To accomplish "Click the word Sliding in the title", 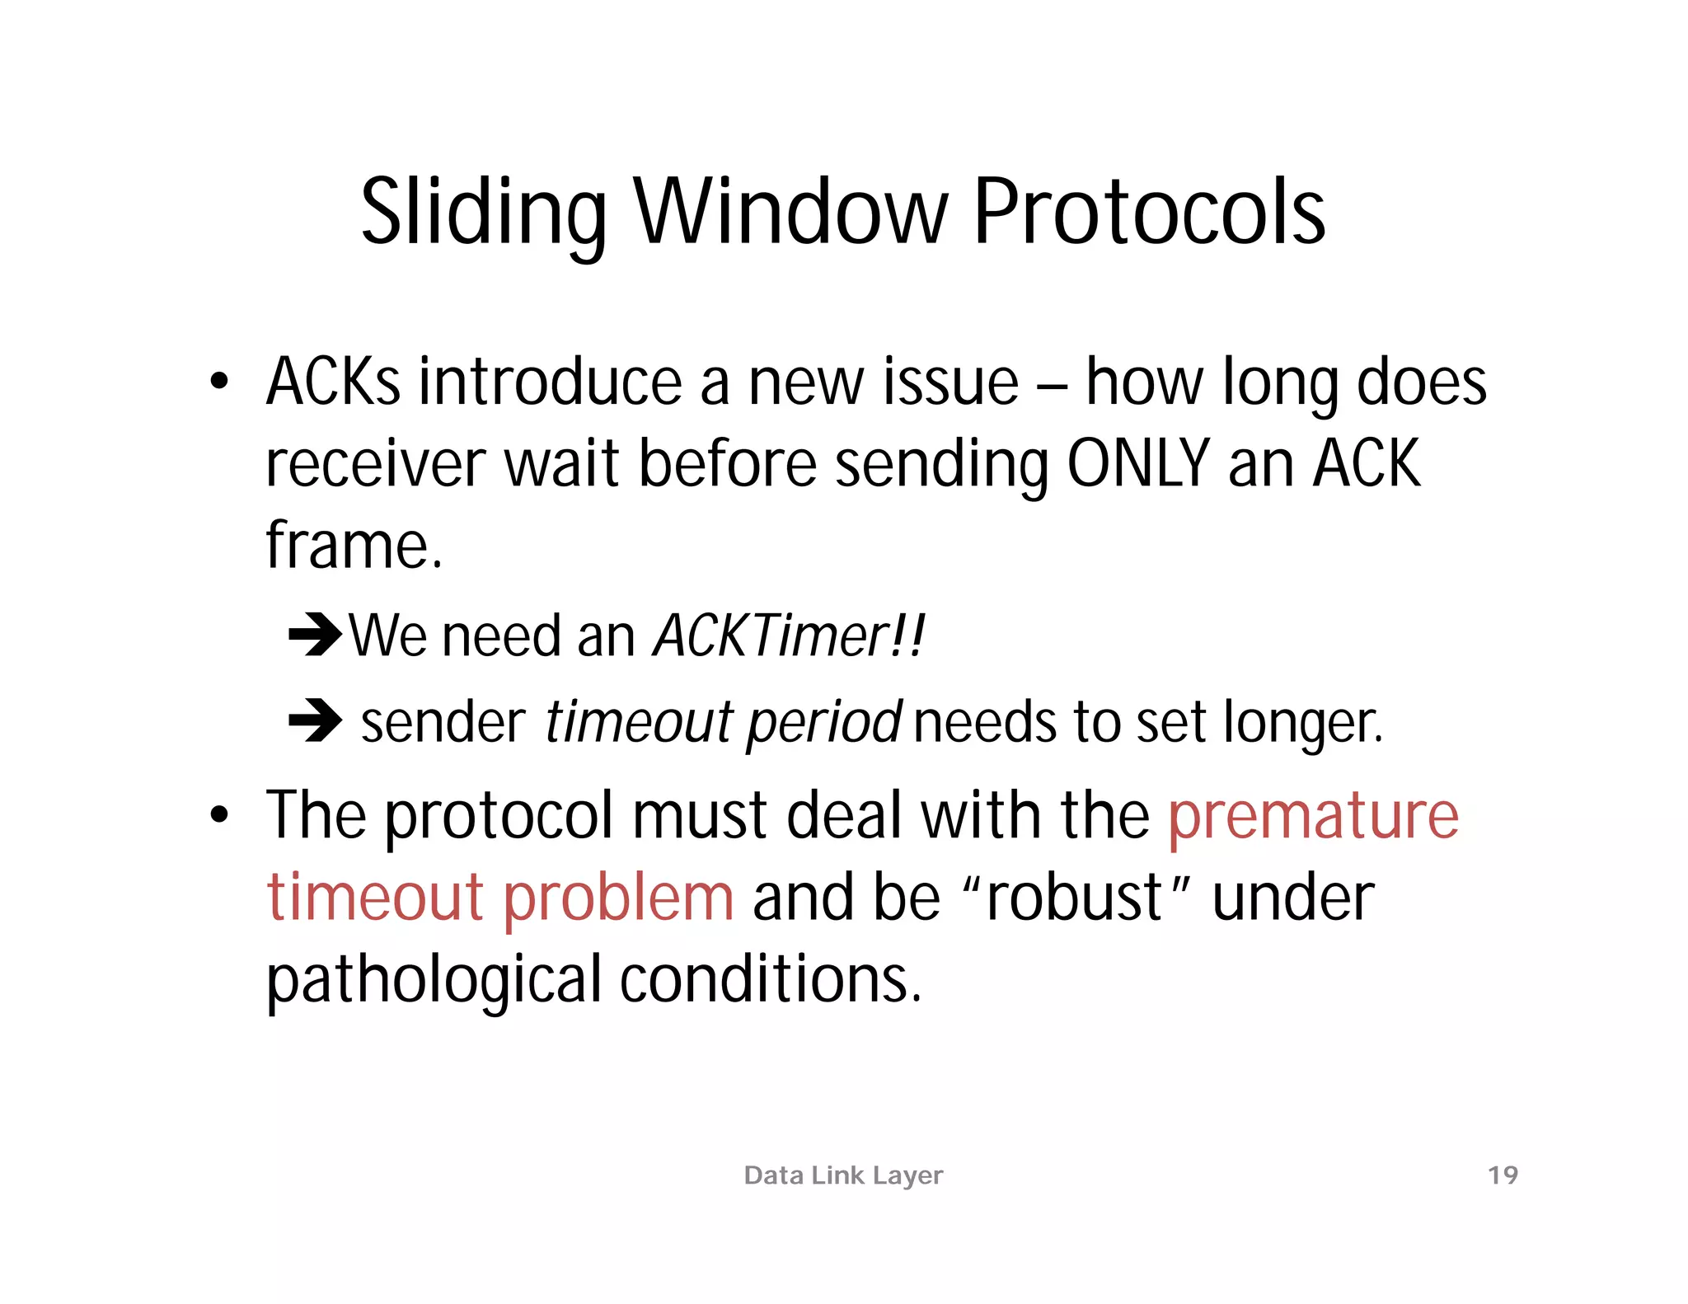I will tap(484, 213).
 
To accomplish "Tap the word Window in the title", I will tap(790, 213).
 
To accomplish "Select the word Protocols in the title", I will tap(1149, 213).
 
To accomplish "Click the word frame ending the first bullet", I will tap(353, 545).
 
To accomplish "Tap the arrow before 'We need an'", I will tap(315, 635).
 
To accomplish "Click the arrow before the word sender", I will tap(315, 720).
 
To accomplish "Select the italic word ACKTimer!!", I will tap(789, 636).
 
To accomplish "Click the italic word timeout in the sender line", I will tap(639, 721).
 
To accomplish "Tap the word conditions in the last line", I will tap(770, 979).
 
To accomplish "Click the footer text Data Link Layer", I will tap(843, 1175).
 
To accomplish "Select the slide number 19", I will tap(1503, 1175).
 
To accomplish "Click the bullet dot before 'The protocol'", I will tap(218, 815).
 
